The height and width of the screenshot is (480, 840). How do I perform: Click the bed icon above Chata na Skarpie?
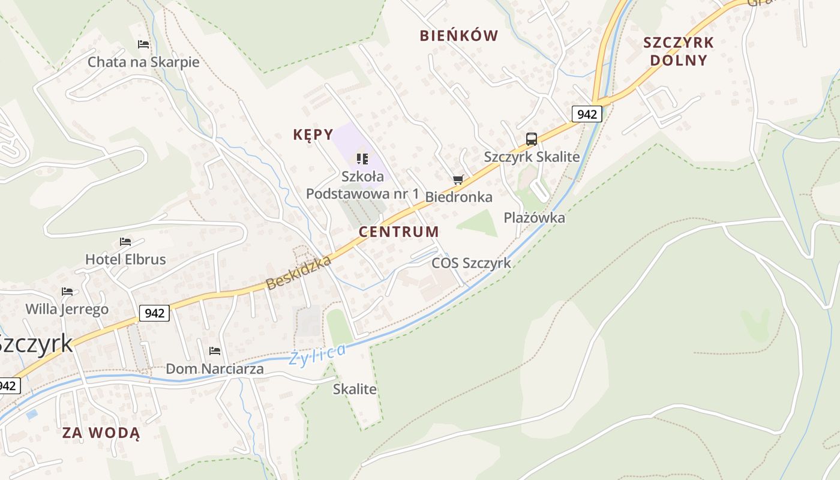[143, 44]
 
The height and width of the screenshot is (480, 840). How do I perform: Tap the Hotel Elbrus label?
[125, 260]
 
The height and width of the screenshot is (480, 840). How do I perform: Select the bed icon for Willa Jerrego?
[67, 292]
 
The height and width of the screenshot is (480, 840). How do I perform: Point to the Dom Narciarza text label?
[214, 369]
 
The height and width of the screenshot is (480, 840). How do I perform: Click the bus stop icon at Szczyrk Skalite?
[532, 139]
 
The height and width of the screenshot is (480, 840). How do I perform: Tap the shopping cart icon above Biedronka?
[458, 179]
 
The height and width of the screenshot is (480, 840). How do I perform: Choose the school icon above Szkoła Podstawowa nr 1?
[362, 158]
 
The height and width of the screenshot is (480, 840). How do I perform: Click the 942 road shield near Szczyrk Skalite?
[586, 114]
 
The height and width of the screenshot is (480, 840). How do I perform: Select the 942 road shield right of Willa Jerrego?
[155, 313]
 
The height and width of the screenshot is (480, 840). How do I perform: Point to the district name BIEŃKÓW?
[459, 36]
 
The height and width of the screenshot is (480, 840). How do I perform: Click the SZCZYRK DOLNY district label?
[679, 51]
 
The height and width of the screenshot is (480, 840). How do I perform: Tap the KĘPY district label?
[313, 134]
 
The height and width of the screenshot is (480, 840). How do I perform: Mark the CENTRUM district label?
[399, 232]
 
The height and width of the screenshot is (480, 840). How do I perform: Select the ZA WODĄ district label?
[101, 433]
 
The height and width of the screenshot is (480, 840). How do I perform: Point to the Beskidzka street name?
[299, 273]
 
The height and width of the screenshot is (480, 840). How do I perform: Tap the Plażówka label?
[534, 218]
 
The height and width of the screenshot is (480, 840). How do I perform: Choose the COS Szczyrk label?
[472, 263]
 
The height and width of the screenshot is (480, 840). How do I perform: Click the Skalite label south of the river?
[355, 389]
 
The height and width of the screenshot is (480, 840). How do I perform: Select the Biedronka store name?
[458, 197]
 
